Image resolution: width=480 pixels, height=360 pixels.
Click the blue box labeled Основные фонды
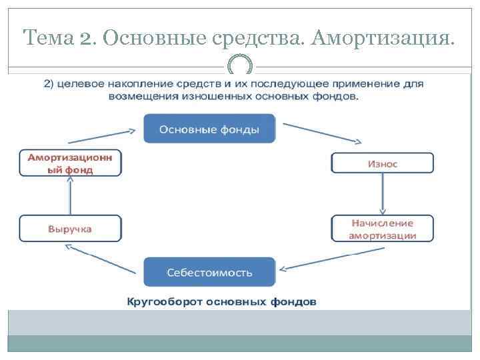coord(209,129)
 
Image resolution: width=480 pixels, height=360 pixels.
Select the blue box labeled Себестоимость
coord(209,272)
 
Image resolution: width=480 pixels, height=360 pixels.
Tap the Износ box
coord(382,163)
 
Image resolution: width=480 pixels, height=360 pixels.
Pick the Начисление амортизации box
coord(382,229)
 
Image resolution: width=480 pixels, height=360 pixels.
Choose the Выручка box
coord(70,229)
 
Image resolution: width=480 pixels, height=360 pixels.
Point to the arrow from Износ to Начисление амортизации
coord(383,195)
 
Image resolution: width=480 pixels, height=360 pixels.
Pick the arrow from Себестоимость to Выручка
coord(103,256)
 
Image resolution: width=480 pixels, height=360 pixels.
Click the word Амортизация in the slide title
coord(389,38)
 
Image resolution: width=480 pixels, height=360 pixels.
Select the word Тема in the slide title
coord(47,38)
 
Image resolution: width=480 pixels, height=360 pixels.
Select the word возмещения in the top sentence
coord(139,96)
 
